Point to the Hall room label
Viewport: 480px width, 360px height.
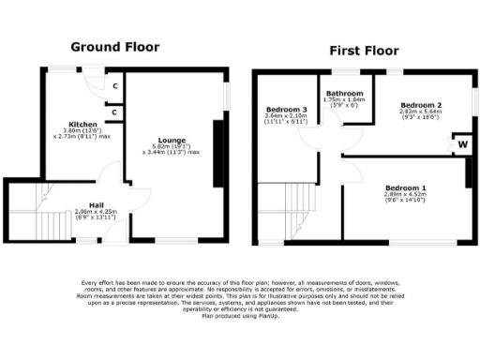tap(97, 205)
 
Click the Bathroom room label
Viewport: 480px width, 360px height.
tap(344, 94)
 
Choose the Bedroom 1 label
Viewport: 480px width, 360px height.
tap(405, 188)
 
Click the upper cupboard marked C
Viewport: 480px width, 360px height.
tap(114, 86)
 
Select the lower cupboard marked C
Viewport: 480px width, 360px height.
tap(114, 112)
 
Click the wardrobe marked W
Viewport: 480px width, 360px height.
tap(462, 145)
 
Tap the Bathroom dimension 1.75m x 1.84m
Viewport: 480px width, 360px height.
tap(344, 100)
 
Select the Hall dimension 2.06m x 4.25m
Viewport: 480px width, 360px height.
tap(97, 212)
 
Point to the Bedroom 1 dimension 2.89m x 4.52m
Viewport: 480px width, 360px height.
tap(405, 195)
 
